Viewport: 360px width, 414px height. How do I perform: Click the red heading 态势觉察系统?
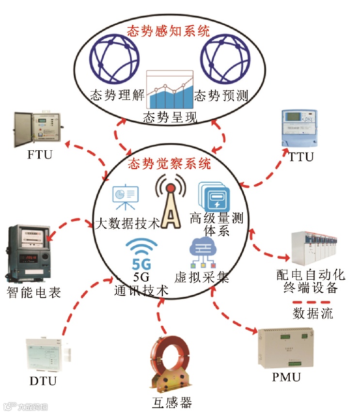pyautogui.click(x=169, y=163)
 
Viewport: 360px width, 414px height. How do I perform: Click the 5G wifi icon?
pyautogui.click(x=141, y=255)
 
